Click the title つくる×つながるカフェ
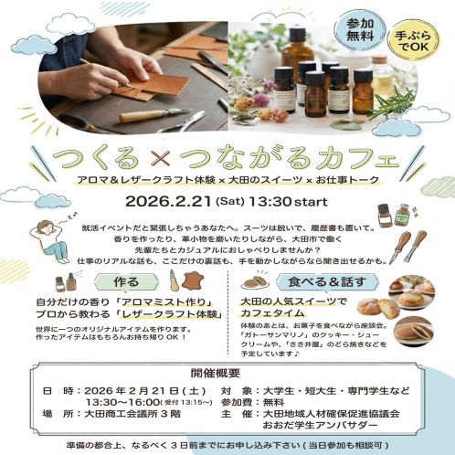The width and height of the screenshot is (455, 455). (x=227, y=151)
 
